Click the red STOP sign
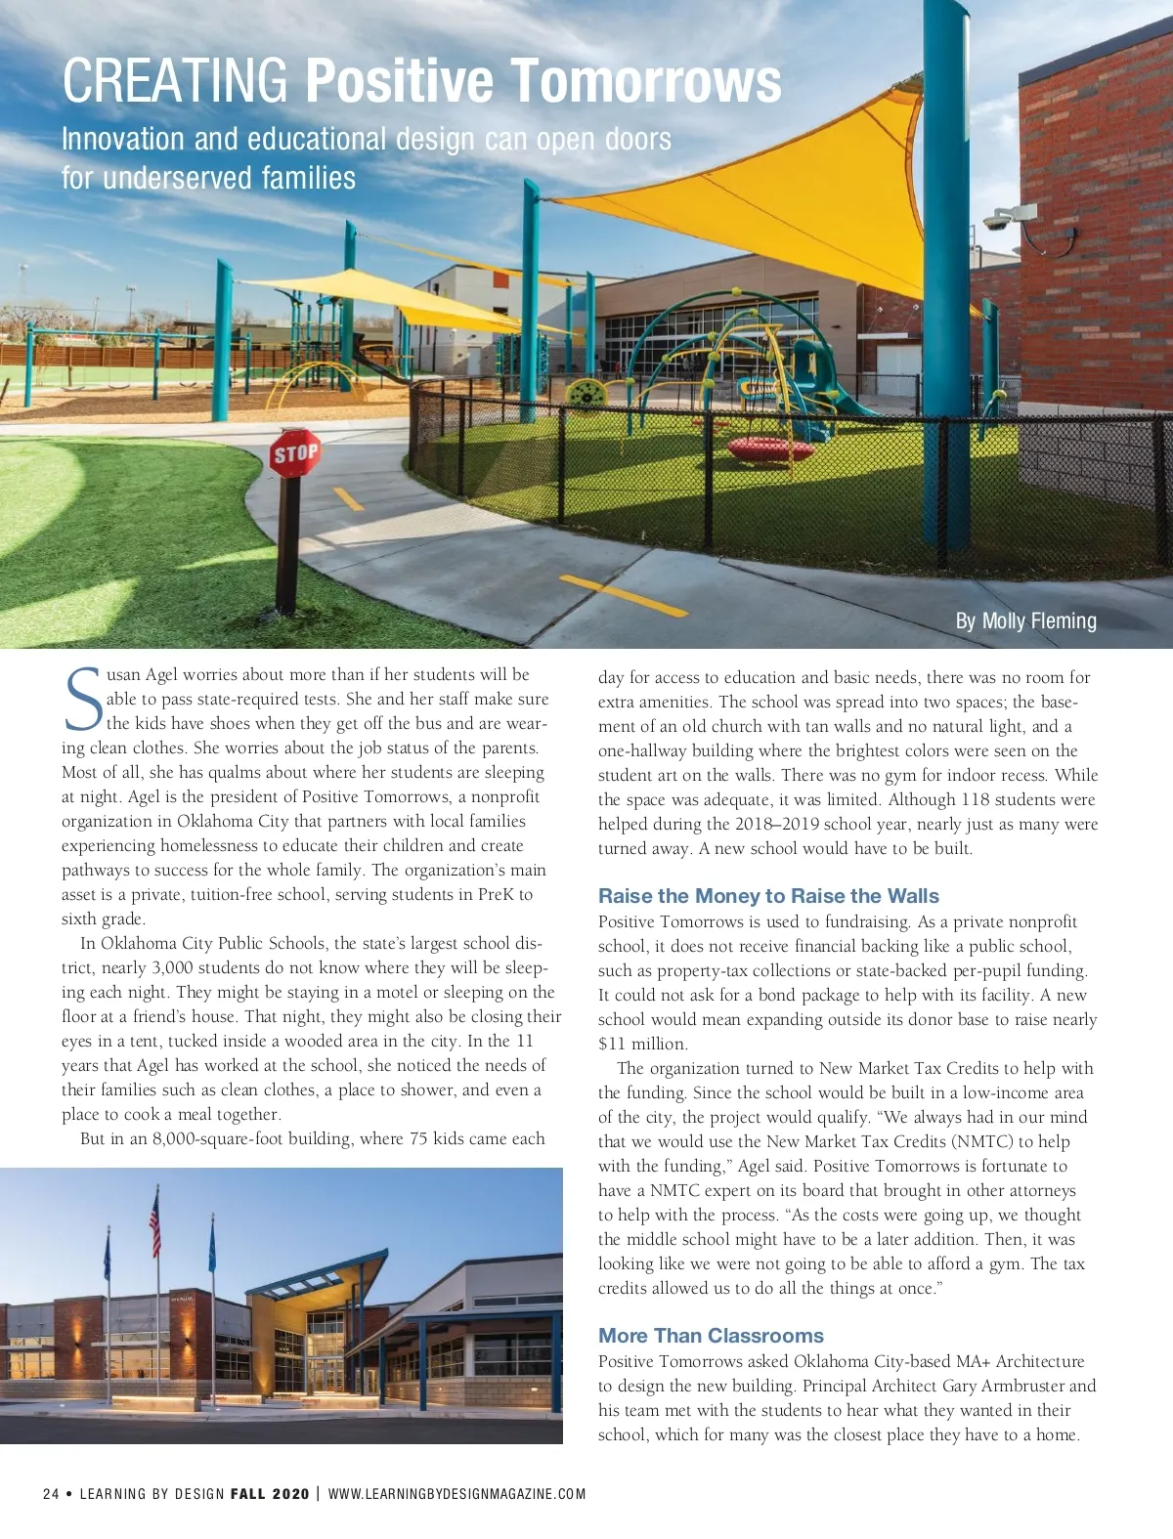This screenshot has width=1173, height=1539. tap(295, 453)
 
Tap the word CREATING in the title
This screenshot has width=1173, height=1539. tap(175, 80)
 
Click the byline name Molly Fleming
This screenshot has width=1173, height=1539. tap(1039, 620)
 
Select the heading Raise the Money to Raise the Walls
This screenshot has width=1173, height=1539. tap(768, 896)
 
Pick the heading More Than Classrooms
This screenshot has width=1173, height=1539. tap(711, 1336)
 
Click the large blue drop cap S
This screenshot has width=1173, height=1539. tap(82, 699)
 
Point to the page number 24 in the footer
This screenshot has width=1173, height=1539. tap(51, 1493)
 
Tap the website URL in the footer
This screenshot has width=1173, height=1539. tap(456, 1493)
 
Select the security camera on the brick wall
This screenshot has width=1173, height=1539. tap(1007, 217)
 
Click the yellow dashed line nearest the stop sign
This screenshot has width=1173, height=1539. tap(348, 498)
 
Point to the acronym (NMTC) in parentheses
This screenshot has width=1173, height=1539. tap(979, 1141)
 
